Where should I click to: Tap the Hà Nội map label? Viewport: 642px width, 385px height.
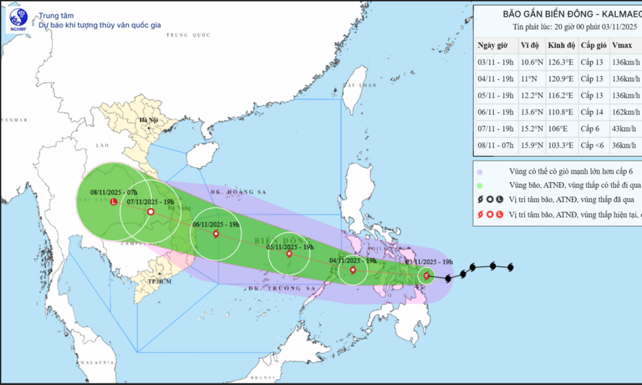[x=145, y=120]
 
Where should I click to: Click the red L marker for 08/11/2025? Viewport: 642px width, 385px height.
[x=113, y=202]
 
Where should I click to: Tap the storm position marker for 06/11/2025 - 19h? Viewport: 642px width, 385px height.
[x=216, y=234]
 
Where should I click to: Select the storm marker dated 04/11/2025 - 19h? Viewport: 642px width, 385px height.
[x=353, y=270]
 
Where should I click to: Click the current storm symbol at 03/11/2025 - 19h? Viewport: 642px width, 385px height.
[x=426, y=276]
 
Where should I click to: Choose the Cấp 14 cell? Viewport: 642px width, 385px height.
[x=592, y=112]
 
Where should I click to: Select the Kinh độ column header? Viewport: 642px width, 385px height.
[x=561, y=45]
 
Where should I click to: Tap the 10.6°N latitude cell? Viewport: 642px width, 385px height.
[x=532, y=62]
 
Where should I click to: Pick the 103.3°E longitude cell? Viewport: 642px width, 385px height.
[x=560, y=145]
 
